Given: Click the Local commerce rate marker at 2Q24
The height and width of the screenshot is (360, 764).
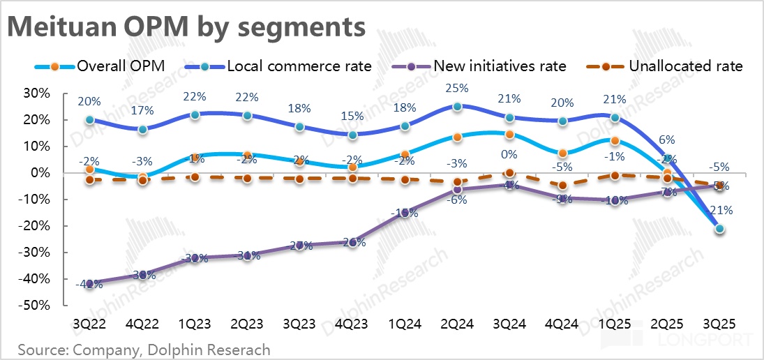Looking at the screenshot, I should [x=457, y=107].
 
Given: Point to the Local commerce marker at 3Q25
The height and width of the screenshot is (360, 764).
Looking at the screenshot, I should [x=719, y=229].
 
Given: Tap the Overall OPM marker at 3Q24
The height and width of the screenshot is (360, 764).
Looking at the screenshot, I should [x=509, y=135].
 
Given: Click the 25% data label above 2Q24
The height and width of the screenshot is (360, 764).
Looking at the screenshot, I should [x=457, y=89].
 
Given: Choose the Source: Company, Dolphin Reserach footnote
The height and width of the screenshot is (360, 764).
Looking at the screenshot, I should [x=144, y=348].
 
